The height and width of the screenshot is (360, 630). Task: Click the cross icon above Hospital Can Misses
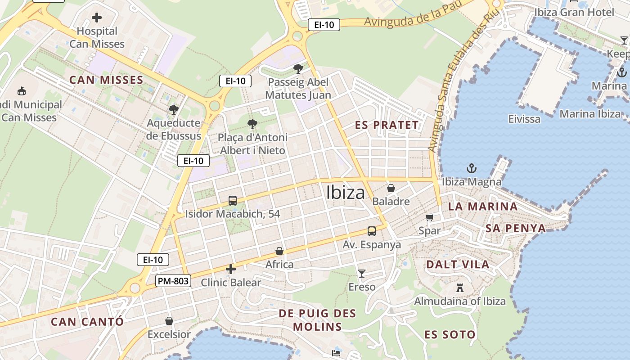coord(97,18)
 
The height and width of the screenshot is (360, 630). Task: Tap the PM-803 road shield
coord(174,281)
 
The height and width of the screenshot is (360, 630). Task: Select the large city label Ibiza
coord(346,193)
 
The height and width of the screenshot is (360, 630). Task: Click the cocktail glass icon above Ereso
coord(361,273)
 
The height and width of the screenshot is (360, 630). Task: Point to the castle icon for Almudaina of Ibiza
coord(460,288)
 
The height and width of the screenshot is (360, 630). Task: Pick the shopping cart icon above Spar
coord(430,217)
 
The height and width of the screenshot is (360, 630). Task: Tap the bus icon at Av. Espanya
coord(372,231)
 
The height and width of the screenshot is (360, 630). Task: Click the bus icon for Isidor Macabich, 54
coord(233,201)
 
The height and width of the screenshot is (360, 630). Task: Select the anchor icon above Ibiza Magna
coord(471,169)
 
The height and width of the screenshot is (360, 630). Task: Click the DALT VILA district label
coord(458,264)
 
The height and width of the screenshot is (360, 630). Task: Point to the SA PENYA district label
coord(515,228)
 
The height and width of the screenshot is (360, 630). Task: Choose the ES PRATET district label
coord(387,125)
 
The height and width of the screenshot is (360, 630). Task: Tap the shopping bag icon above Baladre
coord(391,188)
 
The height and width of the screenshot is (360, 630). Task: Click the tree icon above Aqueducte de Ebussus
coord(174,109)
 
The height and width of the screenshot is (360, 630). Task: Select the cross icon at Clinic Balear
coord(231,269)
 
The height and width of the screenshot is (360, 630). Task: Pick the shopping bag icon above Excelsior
coord(169,321)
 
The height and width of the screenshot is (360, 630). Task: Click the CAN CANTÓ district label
coord(87,322)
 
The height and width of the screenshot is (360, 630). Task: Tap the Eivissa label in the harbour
coord(524,119)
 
